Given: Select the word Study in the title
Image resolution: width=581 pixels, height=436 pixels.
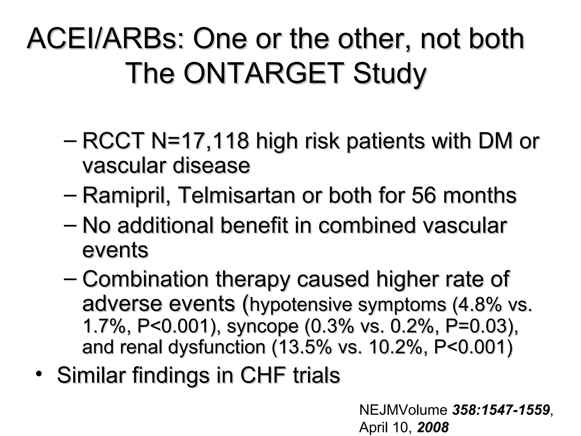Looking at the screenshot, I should (x=390, y=73).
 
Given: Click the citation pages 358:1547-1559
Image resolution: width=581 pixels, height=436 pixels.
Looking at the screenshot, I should (x=501, y=410).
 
